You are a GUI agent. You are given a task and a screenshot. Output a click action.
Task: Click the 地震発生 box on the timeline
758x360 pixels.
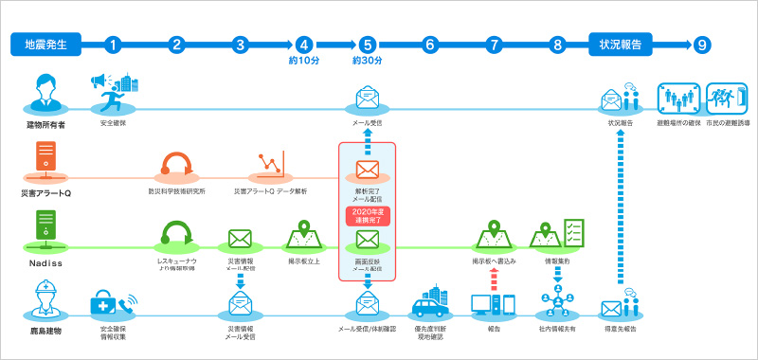click(45, 44)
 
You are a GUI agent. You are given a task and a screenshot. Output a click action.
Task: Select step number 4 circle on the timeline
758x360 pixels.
click(303, 44)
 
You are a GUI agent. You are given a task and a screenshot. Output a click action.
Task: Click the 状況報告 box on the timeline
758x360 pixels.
click(622, 44)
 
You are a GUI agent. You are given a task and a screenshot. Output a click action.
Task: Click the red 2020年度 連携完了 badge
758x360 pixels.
click(367, 214)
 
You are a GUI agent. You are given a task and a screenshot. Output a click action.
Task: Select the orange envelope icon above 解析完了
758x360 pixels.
click(367, 171)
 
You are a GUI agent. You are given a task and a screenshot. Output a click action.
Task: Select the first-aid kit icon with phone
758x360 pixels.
click(112, 304)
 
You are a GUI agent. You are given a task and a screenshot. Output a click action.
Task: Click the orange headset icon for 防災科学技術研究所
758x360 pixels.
click(176, 163)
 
